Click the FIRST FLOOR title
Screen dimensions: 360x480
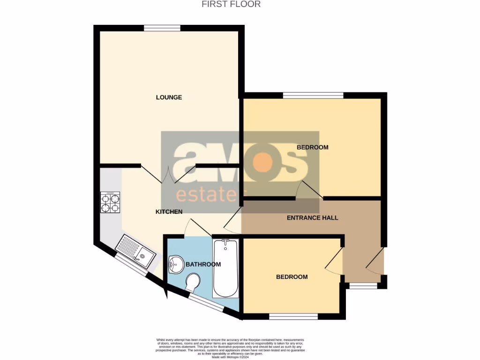click(231, 4)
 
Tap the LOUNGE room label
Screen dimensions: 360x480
click(169, 97)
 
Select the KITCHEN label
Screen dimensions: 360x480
click(169, 212)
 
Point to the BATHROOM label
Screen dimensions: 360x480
click(203, 264)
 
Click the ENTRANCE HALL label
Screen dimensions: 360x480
click(312, 218)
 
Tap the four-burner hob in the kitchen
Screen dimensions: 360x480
click(110, 202)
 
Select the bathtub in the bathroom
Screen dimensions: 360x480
click(225, 268)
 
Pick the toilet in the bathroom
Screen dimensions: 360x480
click(193, 283)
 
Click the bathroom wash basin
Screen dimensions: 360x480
click(174, 265)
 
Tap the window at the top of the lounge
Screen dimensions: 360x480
click(162, 28)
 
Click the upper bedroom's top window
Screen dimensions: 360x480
click(313, 96)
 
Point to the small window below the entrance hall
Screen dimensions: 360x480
click(363, 285)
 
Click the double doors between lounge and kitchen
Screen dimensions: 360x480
click(168, 174)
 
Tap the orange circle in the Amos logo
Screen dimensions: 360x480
click(263, 163)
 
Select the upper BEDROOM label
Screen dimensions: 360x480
click(313, 147)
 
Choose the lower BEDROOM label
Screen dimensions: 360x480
click(292, 277)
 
